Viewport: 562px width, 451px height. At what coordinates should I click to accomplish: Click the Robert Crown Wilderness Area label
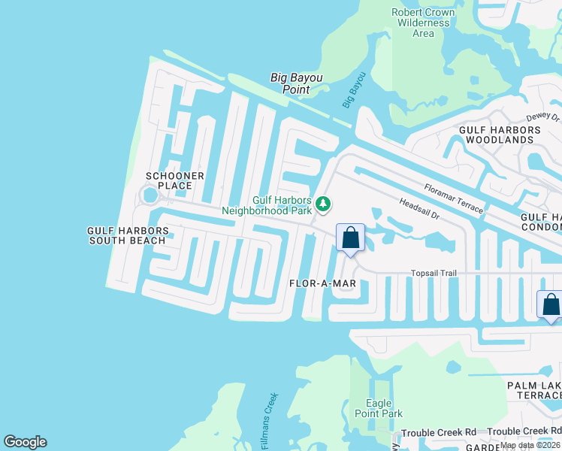(x=423, y=23)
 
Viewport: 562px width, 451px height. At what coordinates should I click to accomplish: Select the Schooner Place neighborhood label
(x=174, y=181)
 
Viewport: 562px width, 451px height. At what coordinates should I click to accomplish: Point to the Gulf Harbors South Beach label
(x=126, y=235)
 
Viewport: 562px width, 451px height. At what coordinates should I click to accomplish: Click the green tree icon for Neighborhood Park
(x=323, y=204)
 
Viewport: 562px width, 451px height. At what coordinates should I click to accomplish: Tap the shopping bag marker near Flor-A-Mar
(x=350, y=238)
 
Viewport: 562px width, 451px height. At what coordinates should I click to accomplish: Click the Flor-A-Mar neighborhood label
(x=322, y=283)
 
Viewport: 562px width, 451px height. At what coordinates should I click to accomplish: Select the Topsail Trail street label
(x=434, y=274)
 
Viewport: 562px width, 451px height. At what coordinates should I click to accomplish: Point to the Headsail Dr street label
(x=418, y=207)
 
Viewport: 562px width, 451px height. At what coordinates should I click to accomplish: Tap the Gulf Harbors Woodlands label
(x=500, y=135)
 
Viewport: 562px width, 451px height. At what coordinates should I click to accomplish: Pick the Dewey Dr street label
(x=543, y=117)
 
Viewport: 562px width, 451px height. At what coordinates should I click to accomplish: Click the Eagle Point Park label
(x=384, y=408)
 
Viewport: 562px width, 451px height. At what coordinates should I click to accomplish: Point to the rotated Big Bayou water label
(x=353, y=89)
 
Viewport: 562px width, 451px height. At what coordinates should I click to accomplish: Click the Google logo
(x=25, y=442)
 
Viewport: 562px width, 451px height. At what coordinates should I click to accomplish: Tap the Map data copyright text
(x=530, y=445)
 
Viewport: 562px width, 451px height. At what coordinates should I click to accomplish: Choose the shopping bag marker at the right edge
(x=551, y=304)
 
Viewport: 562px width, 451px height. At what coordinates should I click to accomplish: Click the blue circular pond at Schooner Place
(x=150, y=195)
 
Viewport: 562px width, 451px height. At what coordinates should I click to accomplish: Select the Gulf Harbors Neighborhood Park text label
(x=272, y=205)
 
